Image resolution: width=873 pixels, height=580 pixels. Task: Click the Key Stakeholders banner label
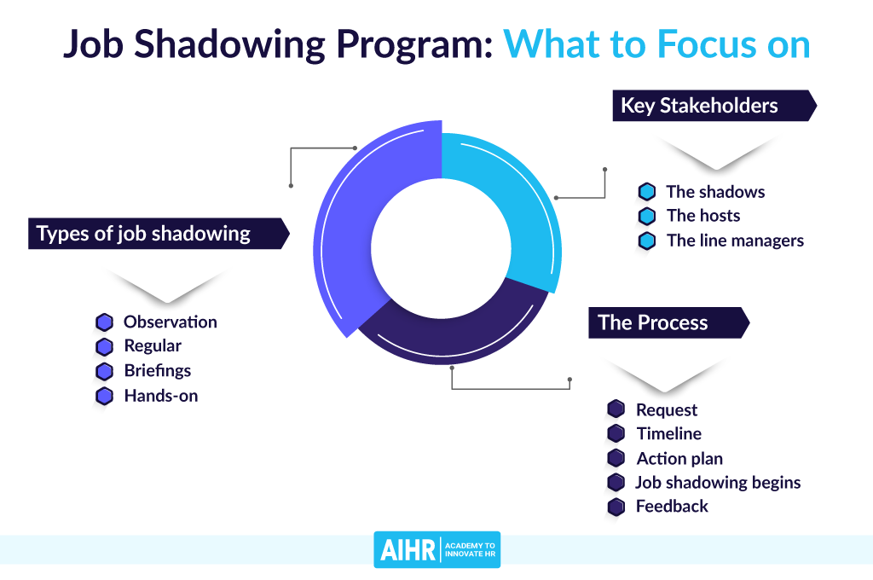pyautogui.click(x=714, y=105)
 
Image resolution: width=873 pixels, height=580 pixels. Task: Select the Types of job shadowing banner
pyautogui.click(x=159, y=234)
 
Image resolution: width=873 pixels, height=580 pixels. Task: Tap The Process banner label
pyautogui.click(x=668, y=322)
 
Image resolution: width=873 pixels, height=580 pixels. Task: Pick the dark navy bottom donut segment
pyautogui.click(x=451, y=334)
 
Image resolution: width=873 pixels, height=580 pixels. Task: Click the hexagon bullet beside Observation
pyautogui.click(x=104, y=322)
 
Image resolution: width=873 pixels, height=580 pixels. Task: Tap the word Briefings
pyautogui.click(x=158, y=370)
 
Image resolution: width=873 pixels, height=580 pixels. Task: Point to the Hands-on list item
pyautogui.click(x=161, y=396)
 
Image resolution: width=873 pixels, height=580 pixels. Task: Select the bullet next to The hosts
pyautogui.click(x=646, y=216)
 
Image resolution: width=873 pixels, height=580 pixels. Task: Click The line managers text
pyautogui.click(x=735, y=241)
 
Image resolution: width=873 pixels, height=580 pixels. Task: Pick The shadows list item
pyautogui.click(x=715, y=192)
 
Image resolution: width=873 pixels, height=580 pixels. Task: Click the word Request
pyautogui.click(x=667, y=410)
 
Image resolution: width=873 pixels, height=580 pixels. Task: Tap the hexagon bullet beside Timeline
pyautogui.click(x=616, y=433)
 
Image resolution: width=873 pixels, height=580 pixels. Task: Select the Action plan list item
pyautogui.click(x=679, y=459)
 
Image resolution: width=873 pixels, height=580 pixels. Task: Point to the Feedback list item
pyautogui.click(x=672, y=506)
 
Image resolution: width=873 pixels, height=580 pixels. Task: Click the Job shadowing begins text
pyautogui.click(x=718, y=483)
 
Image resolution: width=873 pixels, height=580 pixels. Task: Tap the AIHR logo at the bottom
pyautogui.click(x=437, y=550)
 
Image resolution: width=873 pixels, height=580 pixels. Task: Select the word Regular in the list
pyautogui.click(x=153, y=346)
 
